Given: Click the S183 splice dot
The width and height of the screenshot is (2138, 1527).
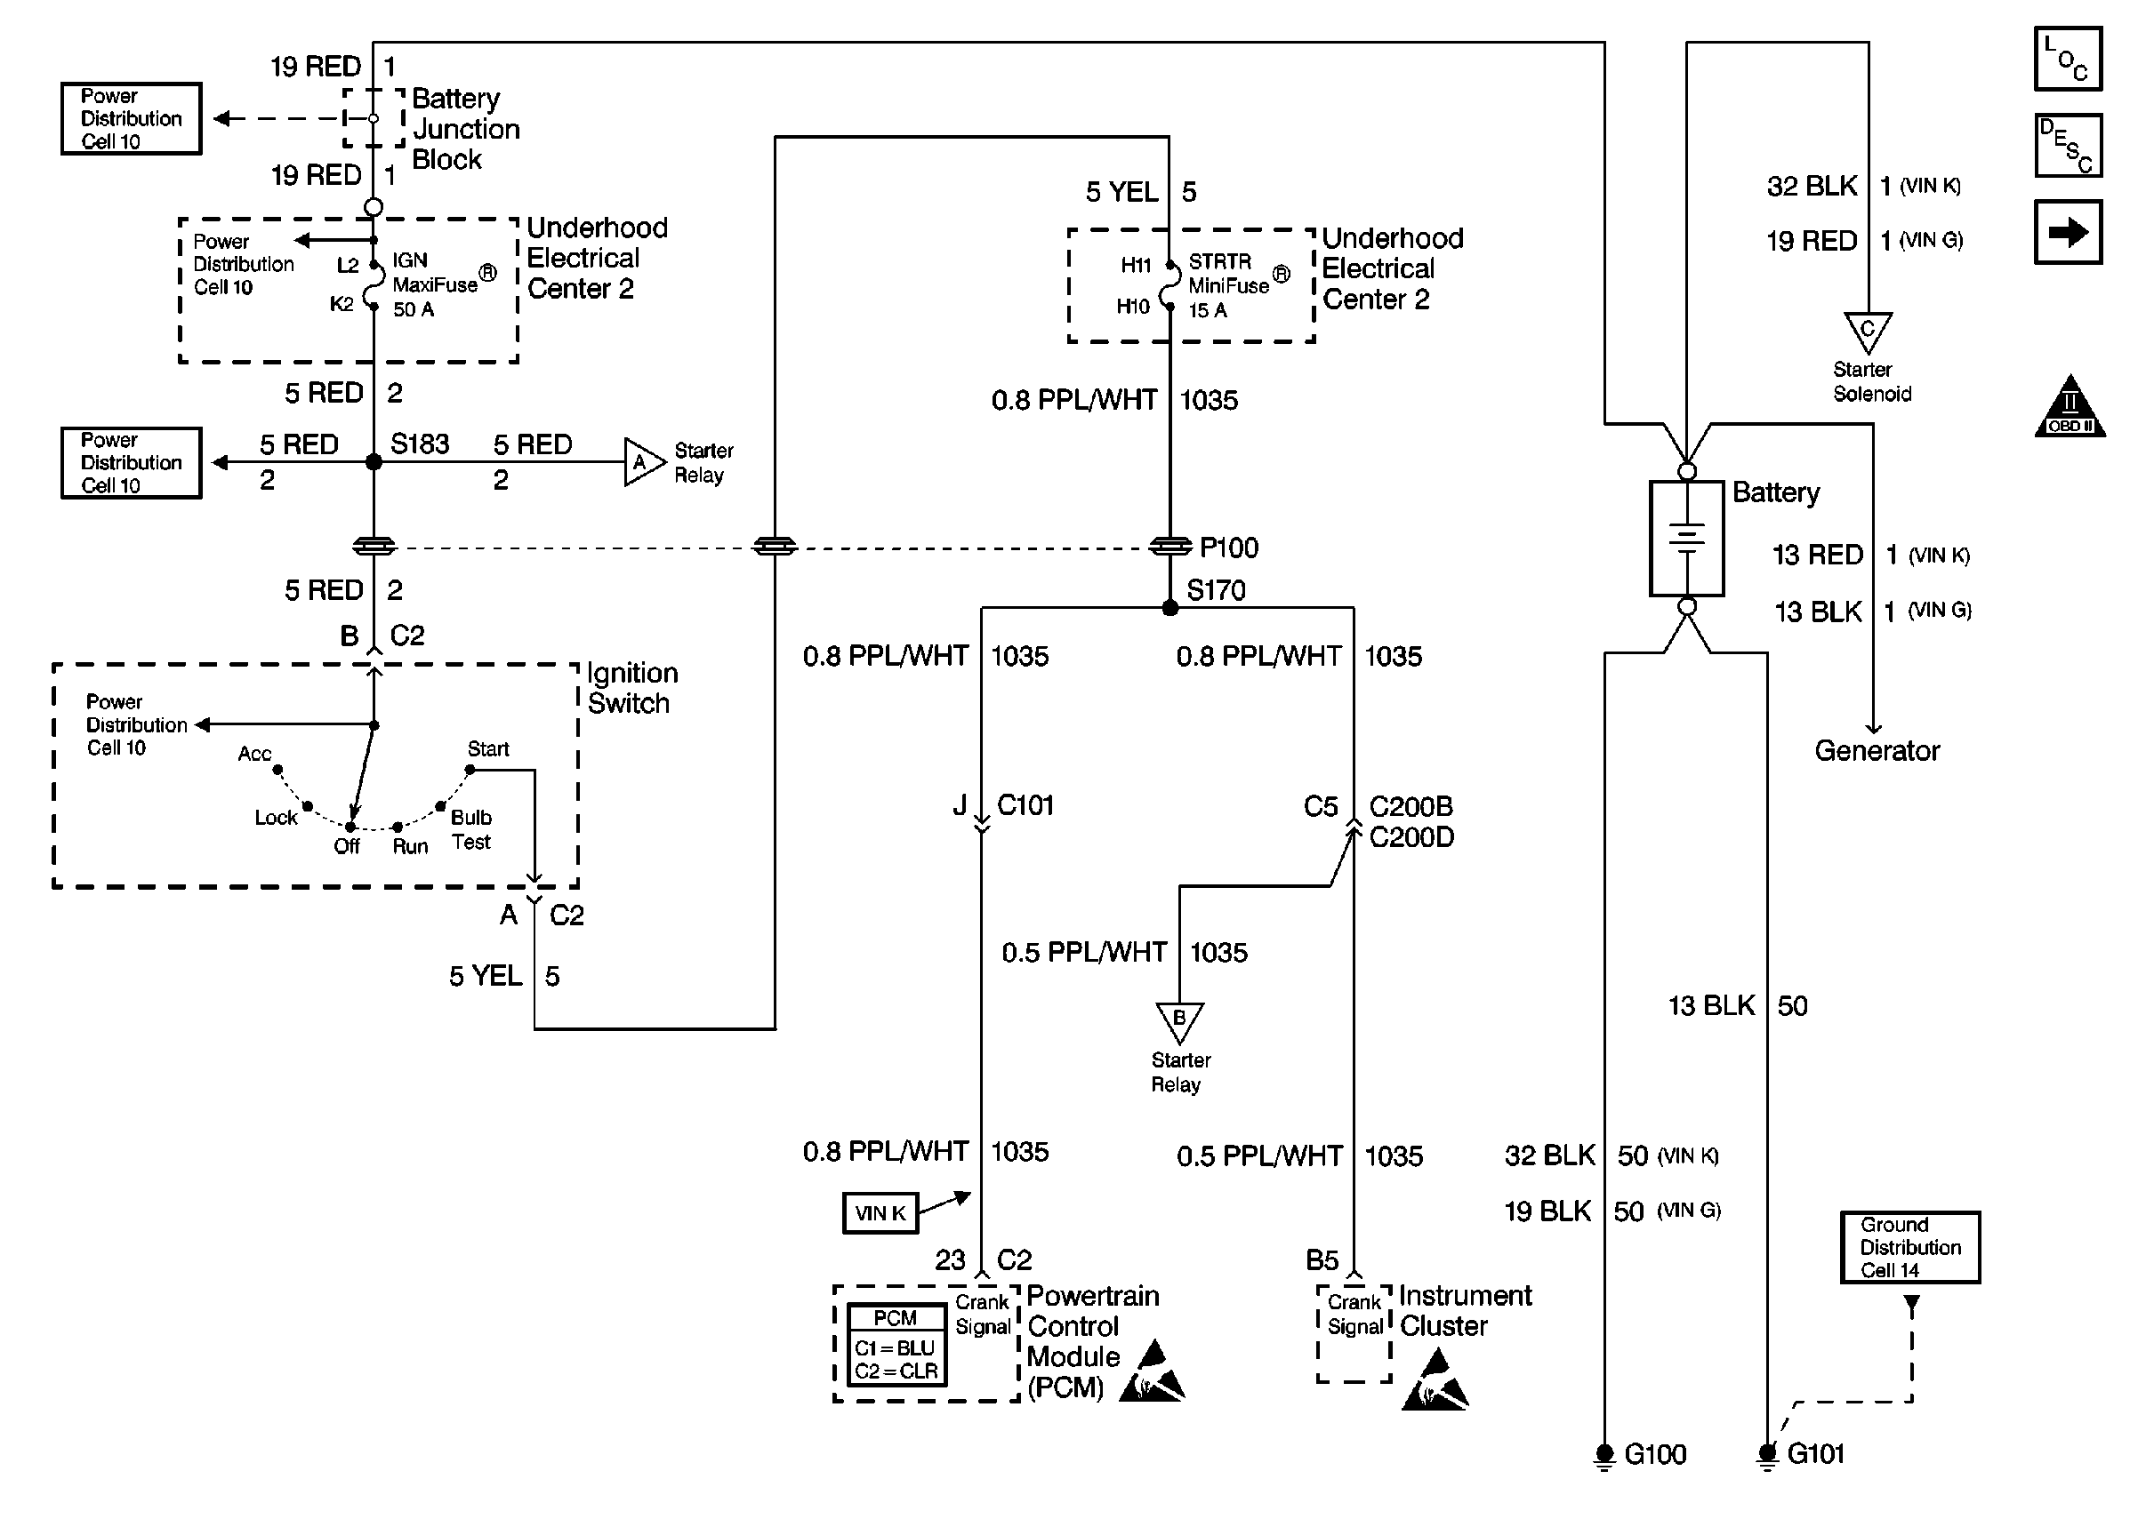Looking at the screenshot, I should coord(374,461).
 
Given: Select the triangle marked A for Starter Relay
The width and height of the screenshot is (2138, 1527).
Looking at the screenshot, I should coord(642,461).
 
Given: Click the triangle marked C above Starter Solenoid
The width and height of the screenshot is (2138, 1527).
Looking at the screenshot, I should coord(1867,331).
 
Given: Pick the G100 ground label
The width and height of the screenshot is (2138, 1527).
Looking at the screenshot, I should coord(1654,1455).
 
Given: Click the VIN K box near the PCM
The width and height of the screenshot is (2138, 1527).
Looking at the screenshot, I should coord(880,1213).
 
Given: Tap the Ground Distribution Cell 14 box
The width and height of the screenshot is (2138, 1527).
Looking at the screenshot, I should coord(1909,1247).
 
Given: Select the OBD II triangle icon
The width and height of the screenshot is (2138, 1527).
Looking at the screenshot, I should coord(2070,409).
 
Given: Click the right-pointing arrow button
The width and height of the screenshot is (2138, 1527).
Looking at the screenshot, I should coord(2068,232).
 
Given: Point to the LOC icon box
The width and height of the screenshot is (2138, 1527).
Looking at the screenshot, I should coord(2068,60).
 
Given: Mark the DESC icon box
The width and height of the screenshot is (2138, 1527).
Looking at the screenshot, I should coord(2068,146).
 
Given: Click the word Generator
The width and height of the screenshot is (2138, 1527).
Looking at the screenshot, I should coord(1877,750).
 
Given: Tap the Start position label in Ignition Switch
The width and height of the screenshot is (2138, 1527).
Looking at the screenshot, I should coord(488,748).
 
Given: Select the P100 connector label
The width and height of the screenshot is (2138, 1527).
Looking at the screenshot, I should coord(1228,548).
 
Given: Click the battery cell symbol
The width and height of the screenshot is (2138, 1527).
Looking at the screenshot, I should coord(1686,539).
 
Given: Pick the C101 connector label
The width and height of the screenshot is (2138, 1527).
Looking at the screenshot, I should coord(1025,805).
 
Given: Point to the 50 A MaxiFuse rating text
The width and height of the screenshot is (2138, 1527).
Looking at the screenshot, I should coord(413,309).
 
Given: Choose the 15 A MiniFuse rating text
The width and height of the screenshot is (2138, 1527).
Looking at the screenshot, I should coord(1208,310).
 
